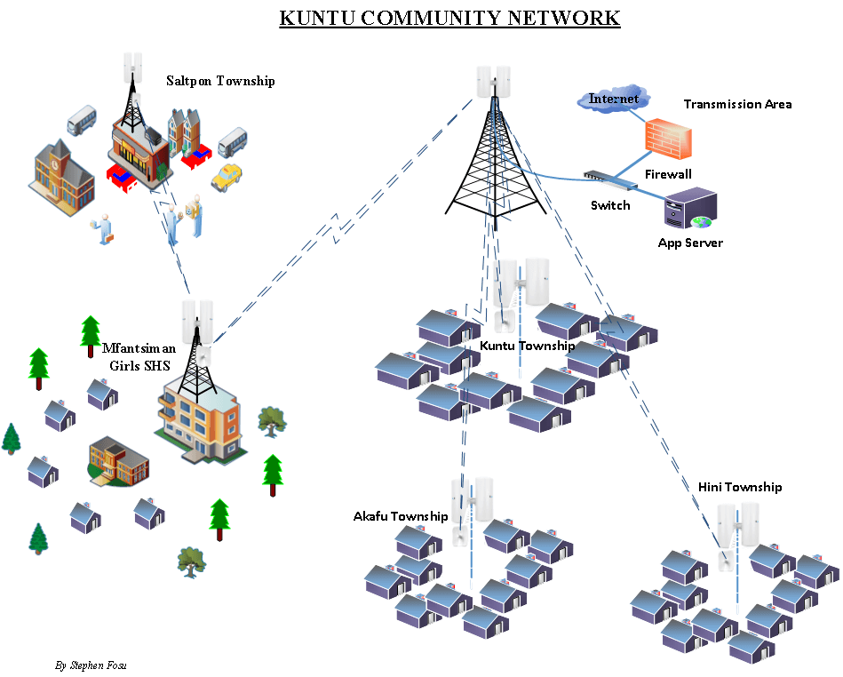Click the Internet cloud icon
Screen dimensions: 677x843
click(x=613, y=99)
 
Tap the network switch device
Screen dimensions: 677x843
click(x=609, y=180)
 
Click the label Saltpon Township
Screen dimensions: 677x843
click(x=220, y=81)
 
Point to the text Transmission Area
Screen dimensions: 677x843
click(x=737, y=104)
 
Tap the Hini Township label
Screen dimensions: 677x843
click(x=740, y=487)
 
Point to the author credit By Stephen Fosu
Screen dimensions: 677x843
click(x=91, y=665)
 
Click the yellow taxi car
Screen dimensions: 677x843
click(x=227, y=176)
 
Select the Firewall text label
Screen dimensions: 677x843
click(x=667, y=174)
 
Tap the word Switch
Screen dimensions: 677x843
click(x=610, y=205)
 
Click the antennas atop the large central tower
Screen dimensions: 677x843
click(x=493, y=82)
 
